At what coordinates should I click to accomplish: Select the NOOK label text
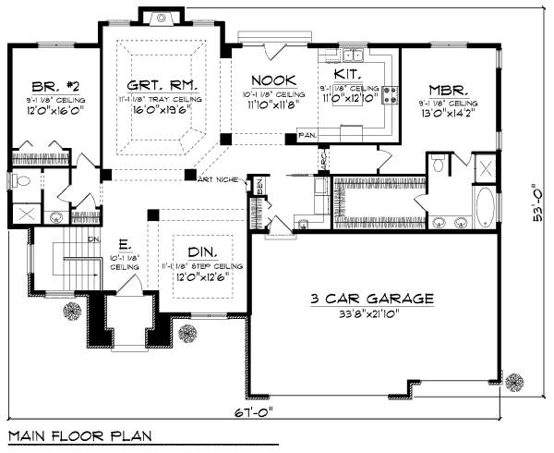point(273,80)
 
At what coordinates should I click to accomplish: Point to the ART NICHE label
point(217,179)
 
